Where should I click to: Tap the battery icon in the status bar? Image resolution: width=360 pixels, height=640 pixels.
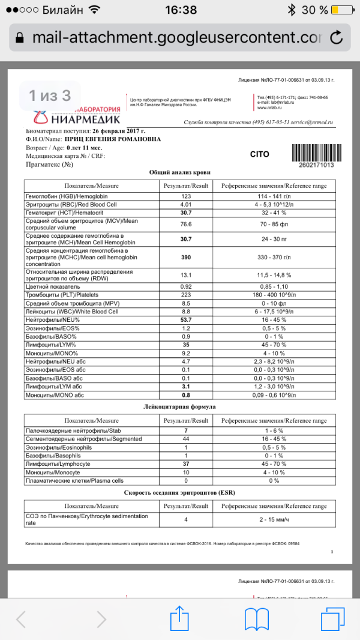pyautogui.click(x=342, y=10)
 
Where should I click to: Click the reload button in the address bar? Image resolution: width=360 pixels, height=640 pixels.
pyautogui.click(x=337, y=37)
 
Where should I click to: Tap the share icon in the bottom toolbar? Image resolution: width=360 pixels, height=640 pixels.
pyautogui.click(x=179, y=618)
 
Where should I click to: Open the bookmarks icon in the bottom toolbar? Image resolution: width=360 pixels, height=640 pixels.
pyautogui.click(x=259, y=618)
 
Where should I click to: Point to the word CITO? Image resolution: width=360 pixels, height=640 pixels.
pyautogui.click(x=259, y=154)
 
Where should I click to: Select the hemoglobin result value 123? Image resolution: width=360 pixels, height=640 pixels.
pyautogui.click(x=185, y=196)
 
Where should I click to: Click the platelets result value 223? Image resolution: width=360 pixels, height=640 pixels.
pyautogui.click(x=185, y=295)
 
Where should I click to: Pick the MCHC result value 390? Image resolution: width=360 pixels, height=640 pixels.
pyautogui.click(x=185, y=257)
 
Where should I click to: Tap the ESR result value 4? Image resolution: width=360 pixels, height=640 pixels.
pyautogui.click(x=185, y=519)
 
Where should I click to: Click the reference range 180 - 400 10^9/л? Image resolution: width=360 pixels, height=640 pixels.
pyautogui.click(x=273, y=295)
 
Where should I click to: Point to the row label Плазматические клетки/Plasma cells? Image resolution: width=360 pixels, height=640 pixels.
pyautogui.click(x=74, y=481)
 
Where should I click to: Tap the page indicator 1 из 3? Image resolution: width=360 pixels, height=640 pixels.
pyautogui.click(x=50, y=95)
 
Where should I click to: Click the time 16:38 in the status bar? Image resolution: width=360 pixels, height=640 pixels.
pyautogui.click(x=180, y=10)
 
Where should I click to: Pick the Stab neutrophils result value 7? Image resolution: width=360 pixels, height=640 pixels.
pyautogui.click(x=185, y=430)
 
